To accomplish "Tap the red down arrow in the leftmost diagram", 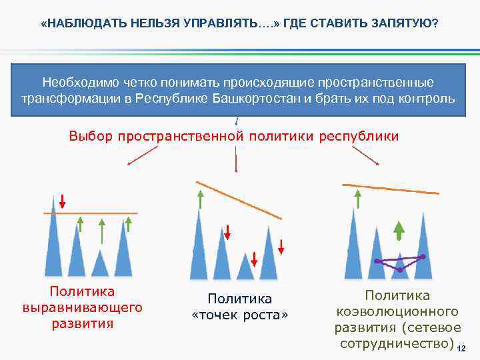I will [62, 201].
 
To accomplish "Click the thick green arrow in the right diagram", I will [399, 230].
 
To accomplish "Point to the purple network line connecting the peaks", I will [400, 261].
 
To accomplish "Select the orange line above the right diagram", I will [390, 188].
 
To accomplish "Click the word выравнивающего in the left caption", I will [83, 308].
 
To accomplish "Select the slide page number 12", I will [461, 349].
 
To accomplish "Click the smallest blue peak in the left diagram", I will [100, 265].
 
